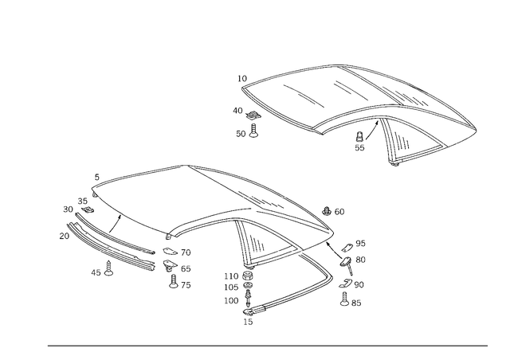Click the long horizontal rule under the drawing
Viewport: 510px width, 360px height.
click(267, 346)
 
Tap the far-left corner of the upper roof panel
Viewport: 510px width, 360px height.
click(242, 76)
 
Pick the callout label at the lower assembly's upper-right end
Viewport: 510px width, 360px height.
click(335, 211)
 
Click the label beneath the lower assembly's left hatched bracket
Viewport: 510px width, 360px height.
click(101, 273)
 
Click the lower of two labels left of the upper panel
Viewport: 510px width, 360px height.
click(244, 134)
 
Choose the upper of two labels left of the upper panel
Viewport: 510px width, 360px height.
click(240, 112)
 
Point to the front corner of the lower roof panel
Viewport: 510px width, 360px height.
click(168, 237)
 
